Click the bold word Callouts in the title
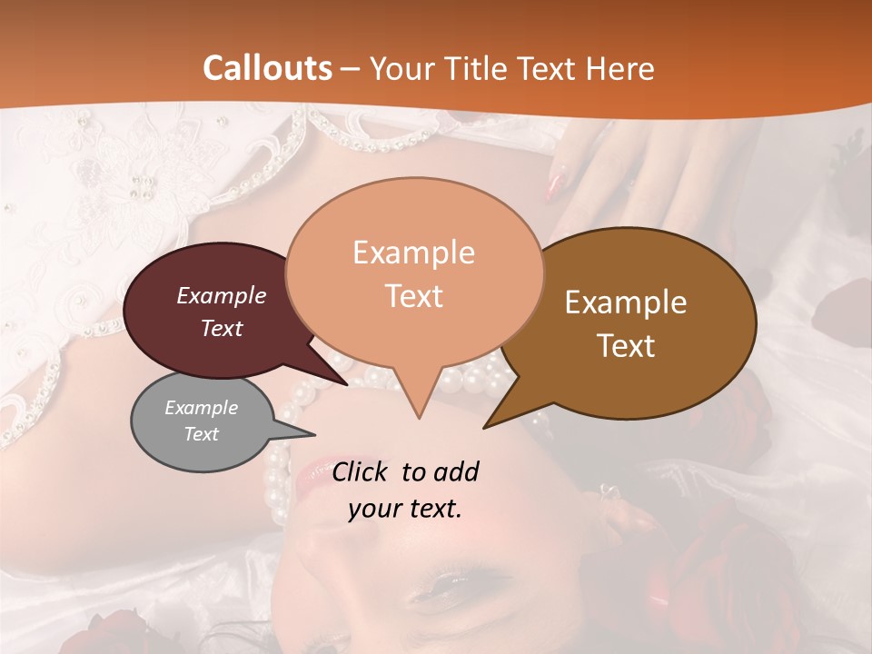tap(267, 68)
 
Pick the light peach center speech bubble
tap(414, 272)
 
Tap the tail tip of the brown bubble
tap(485, 427)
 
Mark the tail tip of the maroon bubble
tap(347, 384)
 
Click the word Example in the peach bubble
tap(413, 252)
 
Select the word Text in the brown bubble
tap(627, 346)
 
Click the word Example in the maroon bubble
tap(221, 295)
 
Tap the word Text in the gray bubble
tap(202, 434)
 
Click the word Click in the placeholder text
tap(362, 471)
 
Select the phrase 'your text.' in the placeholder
tap(405, 509)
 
